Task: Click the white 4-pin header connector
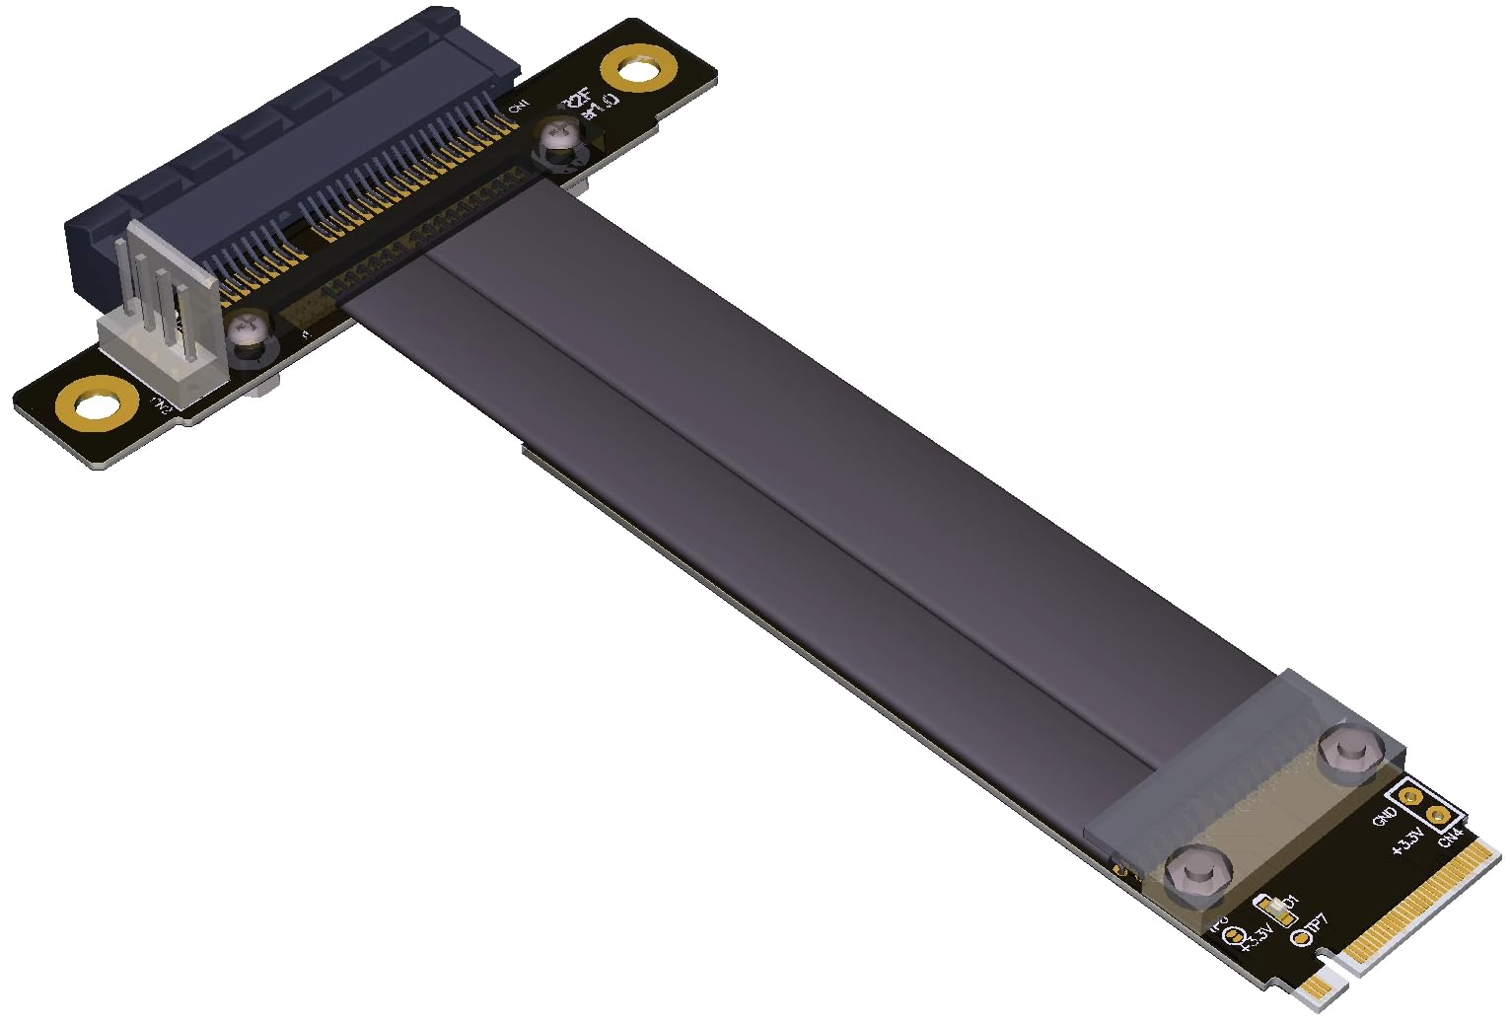tap(163, 296)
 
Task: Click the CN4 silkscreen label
tap(1449, 837)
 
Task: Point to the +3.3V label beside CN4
tap(1406, 842)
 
